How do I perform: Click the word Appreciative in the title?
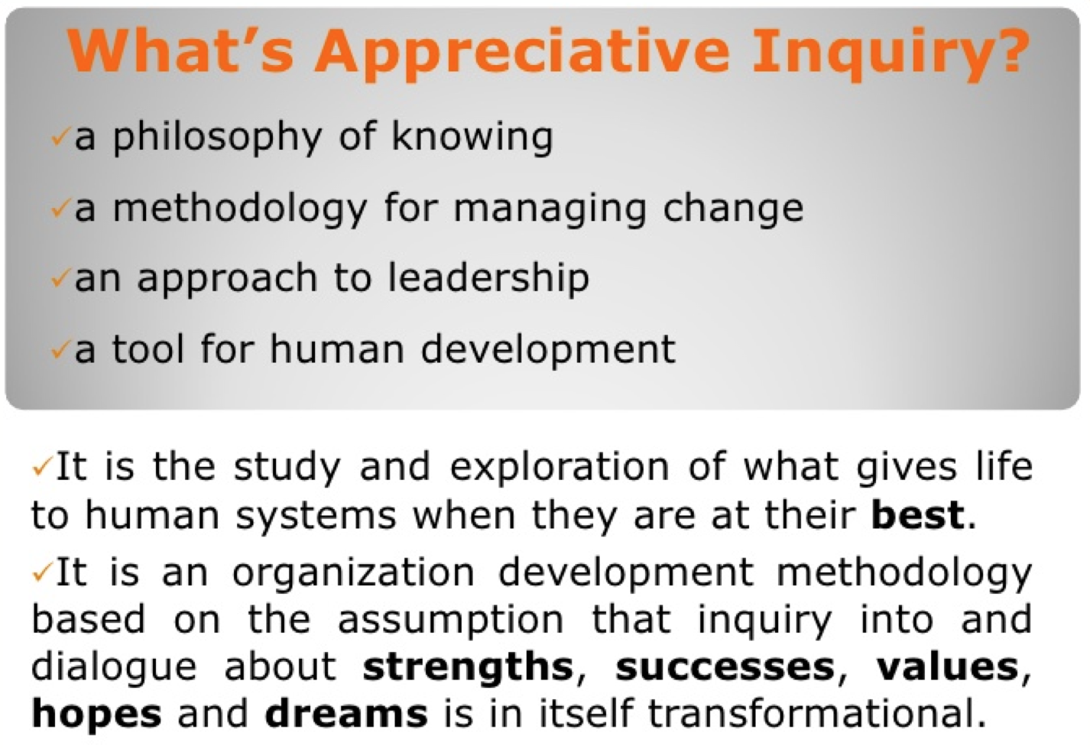point(522,54)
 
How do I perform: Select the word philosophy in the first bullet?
point(217,138)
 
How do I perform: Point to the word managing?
point(550,209)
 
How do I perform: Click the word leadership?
point(488,278)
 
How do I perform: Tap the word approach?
point(228,278)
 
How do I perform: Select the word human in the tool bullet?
point(337,348)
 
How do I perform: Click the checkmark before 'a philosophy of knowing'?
point(60,138)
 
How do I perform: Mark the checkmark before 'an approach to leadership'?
point(60,280)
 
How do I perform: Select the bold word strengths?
point(468,667)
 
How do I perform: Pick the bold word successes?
point(725,668)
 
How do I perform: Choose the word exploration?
point(560,466)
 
